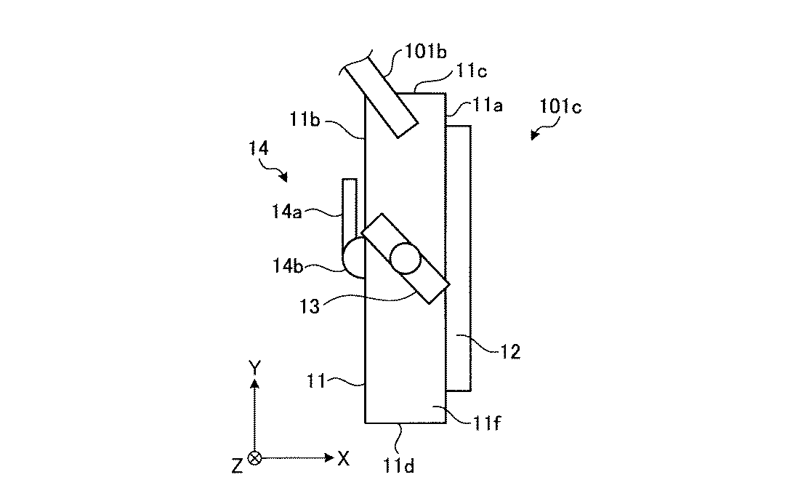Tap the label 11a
[486, 106]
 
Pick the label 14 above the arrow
[259, 149]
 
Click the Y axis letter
[254, 368]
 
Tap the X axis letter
[344, 458]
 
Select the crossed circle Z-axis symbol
[254, 458]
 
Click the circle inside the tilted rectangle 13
[404, 257]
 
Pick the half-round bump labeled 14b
[353, 257]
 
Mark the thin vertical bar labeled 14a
[350, 208]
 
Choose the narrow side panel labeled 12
[459, 258]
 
